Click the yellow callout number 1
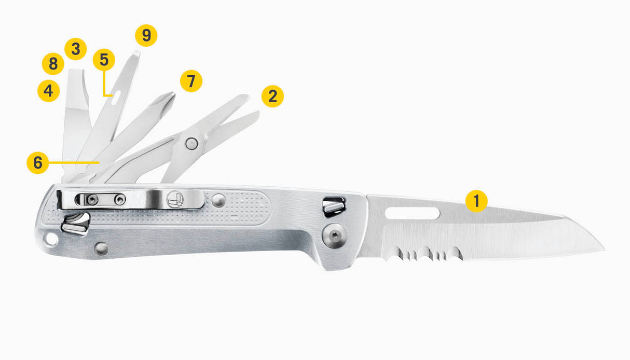point(476,201)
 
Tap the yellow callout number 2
point(272,96)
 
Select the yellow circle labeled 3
point(75,49)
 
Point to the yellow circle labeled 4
point(48,91)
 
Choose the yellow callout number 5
point(104,60)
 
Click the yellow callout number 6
point(38,163)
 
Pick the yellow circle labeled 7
point(191,81)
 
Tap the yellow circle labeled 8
point(53,64)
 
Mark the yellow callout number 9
point(146,35)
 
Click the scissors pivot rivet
point(191,144)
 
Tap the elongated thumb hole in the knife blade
point(412,213)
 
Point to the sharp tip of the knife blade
point(604,250)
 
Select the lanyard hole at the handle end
point(51,239)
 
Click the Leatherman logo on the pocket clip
point(175,199)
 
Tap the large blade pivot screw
point(334,236)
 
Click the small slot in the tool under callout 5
point(116,98)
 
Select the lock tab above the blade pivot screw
point(334,207)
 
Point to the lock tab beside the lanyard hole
point(75,224)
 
